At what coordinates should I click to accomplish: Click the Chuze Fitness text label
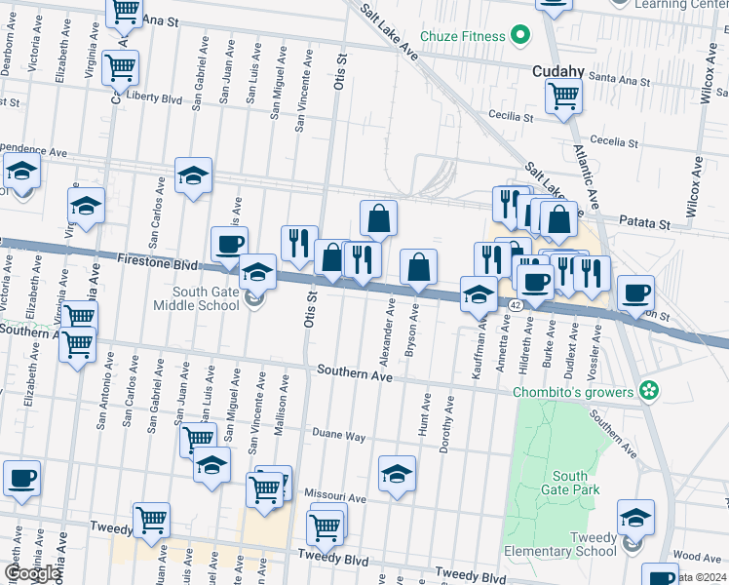click(x=462, y=37)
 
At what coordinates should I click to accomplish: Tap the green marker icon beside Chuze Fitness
click(x=520, y=37)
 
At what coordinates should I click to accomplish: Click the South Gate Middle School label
click(x=206, y=298)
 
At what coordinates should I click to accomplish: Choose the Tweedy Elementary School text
click(x=580, y=544)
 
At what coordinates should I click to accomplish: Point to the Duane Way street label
click(x=338, y=435)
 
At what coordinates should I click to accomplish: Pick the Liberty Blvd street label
click(x=156, y=98)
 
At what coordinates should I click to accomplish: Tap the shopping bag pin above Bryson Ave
click(x=418, y=267)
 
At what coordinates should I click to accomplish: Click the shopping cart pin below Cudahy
click(x=563, y=97)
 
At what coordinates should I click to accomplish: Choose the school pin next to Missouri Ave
click(x=396, y=474)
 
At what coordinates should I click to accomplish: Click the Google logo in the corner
click(x=31, y=573)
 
